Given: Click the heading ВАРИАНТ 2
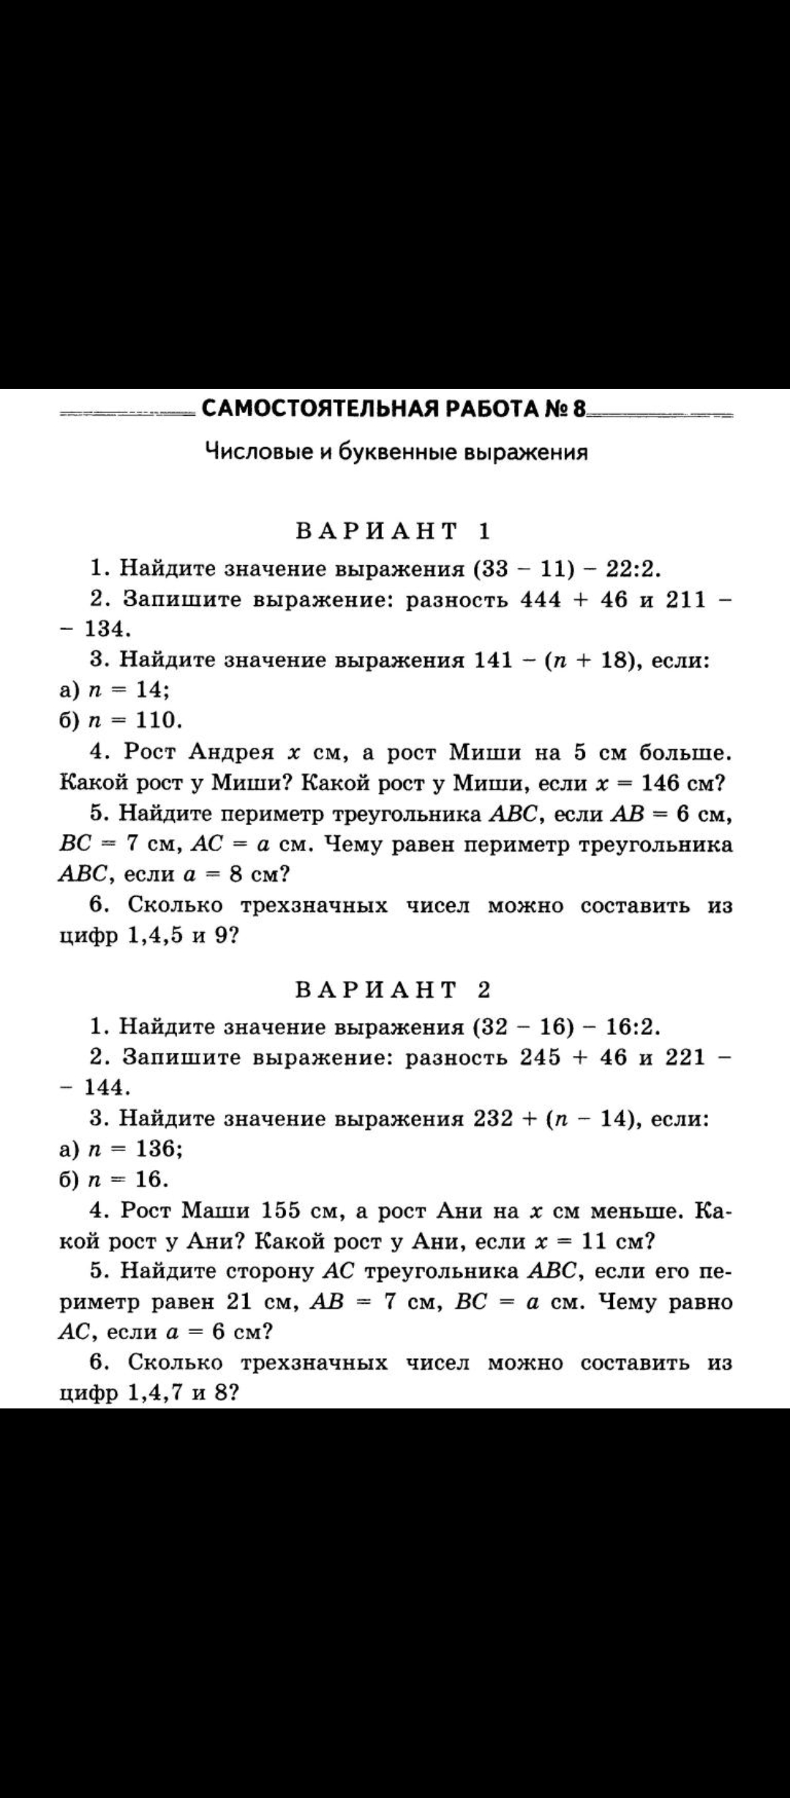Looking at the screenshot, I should tap(393, 989).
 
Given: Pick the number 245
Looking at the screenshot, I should tap(541, 1058).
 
